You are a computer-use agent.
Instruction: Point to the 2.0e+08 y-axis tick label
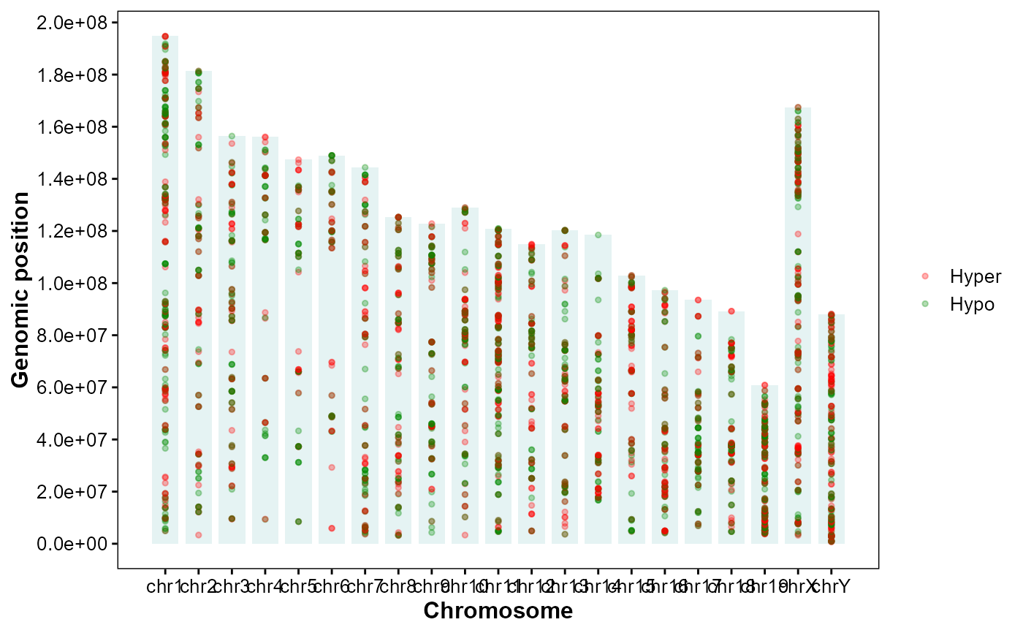71,23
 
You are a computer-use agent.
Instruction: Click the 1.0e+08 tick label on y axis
71,284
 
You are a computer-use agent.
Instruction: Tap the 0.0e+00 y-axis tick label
71,544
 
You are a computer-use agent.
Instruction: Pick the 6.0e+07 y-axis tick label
71,387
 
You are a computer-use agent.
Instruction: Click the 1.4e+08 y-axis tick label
71,179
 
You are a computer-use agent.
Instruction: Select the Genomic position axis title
21,289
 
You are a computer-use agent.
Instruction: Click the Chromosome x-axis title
498,610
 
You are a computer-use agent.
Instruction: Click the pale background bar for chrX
798,329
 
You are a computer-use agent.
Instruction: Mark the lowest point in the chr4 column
265,520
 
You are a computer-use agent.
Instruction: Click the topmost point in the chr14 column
598,235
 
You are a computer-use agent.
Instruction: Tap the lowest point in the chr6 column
332,528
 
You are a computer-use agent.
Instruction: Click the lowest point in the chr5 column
298,522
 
